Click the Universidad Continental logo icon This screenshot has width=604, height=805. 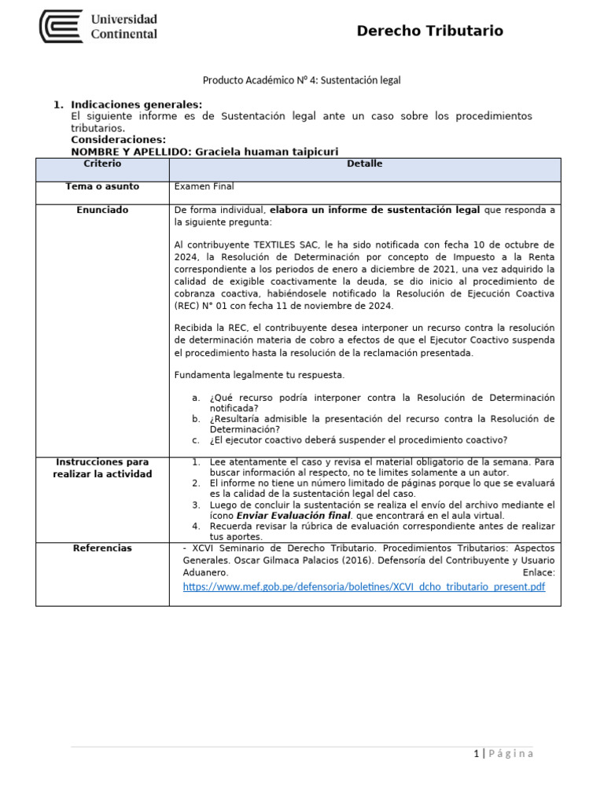pyautogui.click(x=61, y=26)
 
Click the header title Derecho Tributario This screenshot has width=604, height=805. pyautogui.click(x=429, y=31)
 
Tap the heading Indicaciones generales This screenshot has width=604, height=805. pyautogui.click(x=136, y=105)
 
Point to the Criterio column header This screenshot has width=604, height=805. pyautogui.click(x=102, y=164)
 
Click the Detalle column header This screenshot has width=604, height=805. pyautogui.click(x=364, y=164)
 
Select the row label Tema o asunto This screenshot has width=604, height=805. pyautogui.click(x=102, y=186)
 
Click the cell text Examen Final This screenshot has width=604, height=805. pyautogui.click(x=204, y=186)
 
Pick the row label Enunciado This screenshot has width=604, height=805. pyautogui.click(x=102, y=210)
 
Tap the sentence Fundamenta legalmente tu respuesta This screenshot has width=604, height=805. pyautogui.click(x=259, y=375)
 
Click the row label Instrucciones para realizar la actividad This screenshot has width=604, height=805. pyautogui.click(x=102, y=468)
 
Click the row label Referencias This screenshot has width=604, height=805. pyautogui.click(x=102, y=548)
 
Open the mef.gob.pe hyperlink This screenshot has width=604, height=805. pyautogui.click(x=363, y=586)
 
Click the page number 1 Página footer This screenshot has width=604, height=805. pyautogui.click(x=503, y=754)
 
